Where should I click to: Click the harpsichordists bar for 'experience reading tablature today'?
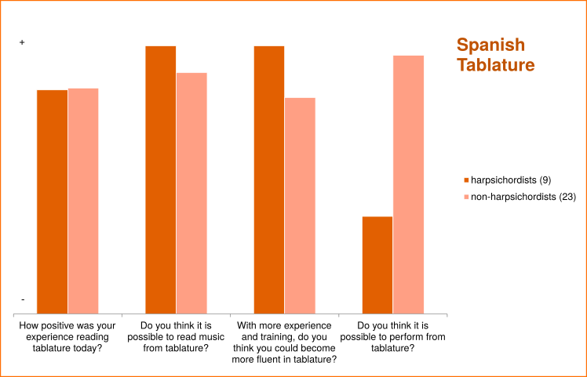click(53, 201)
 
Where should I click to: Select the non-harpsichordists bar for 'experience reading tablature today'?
click(83, 201)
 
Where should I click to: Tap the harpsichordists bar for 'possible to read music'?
click(161, 179)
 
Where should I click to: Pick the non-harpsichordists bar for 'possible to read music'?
click(191, 193)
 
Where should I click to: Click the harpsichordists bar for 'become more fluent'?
click(269, 179)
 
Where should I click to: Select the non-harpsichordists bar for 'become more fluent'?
click(300, 205)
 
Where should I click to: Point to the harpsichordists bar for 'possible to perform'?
click(377, 264)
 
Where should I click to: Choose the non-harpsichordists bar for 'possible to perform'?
click(408, 184)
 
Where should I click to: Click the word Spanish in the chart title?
click(490, 45)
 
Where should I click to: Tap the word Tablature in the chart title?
click(496, 65)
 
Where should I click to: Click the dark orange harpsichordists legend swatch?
click(466, 182)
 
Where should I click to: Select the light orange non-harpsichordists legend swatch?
click(466, 197)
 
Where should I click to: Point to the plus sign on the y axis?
click(22, 42)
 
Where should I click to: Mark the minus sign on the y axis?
click(22, 299)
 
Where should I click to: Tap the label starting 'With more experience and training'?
click(284, 342)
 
